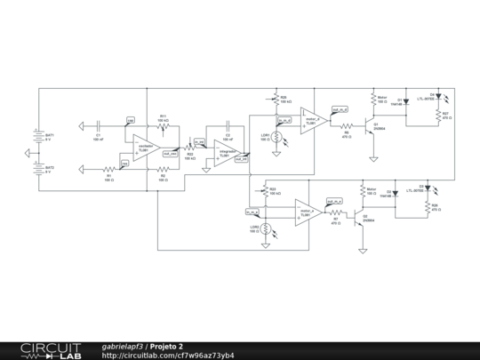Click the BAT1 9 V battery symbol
(37, 136)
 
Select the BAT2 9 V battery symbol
(37, 169)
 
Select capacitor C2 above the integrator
(228, 128)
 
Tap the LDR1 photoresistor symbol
(276, 137)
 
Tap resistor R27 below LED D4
(436, 115)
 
